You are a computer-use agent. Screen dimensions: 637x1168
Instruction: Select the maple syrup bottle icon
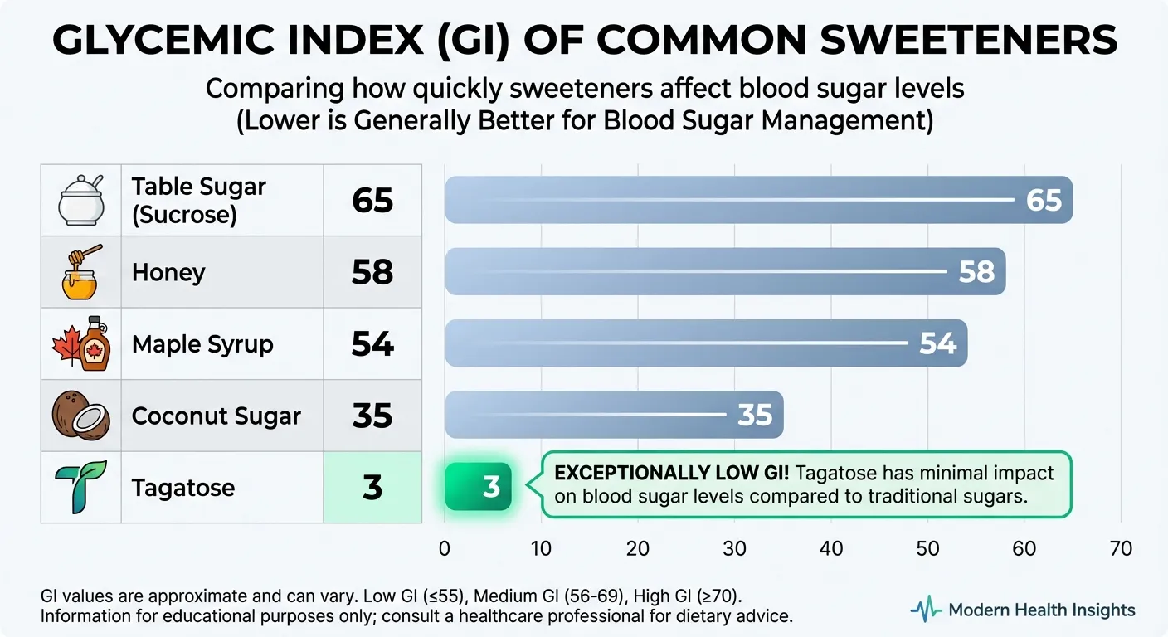[x=80, y=343]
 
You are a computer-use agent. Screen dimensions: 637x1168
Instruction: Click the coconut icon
[x=80, y=415]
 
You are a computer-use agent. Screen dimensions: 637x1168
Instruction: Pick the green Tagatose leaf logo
[x=80, y=487]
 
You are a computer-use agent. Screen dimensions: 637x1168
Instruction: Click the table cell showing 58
[x=372, y=272]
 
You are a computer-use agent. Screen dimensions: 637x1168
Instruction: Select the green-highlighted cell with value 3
[x=372, y=487]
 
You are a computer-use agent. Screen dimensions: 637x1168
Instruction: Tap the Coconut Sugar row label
[x=216, y=416]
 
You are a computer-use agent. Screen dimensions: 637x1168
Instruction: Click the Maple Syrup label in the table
[x=202, y=344]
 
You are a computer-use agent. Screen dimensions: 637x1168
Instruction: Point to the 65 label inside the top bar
[x=1044, y=200]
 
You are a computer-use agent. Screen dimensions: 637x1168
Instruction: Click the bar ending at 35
[x=614, y=415]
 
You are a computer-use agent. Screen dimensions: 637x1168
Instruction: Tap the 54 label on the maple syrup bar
[x=937, y=343]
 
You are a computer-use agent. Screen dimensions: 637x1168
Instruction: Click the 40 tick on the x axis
[x=831, y=548]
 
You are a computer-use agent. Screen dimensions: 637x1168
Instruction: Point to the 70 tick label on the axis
[x=1120, y=548]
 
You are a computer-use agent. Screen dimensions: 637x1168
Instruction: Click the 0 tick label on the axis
[x=445, y=548]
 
